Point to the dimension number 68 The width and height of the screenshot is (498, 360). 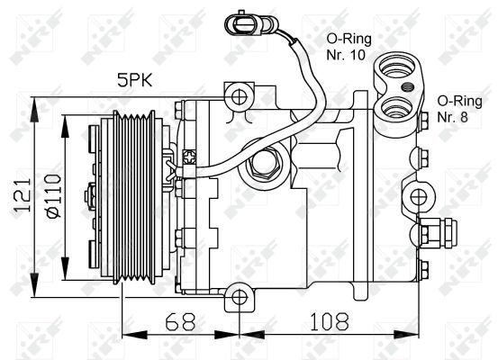tap(180, 319)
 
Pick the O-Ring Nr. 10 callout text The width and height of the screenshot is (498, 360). tap(345, 46)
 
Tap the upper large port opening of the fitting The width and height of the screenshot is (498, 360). tap(394, 67)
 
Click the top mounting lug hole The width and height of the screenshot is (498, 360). tap(238, 94)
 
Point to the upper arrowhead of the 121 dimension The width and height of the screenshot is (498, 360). tap(35, 103)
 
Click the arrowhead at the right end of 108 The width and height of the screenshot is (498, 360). tap(418, 335)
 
